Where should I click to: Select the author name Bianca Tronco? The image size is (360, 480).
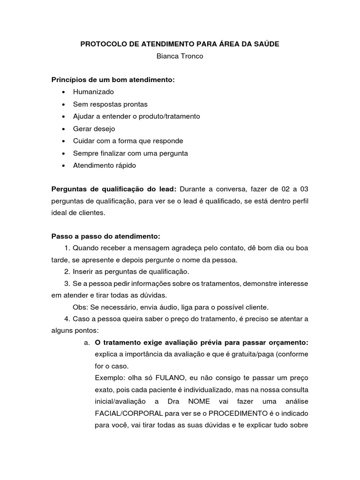[x=180, y=56]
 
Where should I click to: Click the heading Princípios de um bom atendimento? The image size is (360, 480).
[x=112, y=80]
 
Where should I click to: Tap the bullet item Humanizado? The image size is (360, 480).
[x=93, y=92]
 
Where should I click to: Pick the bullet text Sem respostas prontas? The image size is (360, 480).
[x=110, y=104]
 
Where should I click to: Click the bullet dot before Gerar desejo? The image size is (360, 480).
[x=63, y=129]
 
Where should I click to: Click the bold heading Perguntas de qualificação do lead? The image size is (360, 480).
[x=113, y=189]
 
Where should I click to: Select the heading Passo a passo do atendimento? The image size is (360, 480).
[x=105, y=235]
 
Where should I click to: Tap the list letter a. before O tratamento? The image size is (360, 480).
[x=87, y=343]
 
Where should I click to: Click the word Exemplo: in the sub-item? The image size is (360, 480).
[x=110, y=378]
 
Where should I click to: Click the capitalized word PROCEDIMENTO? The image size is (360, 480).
[x=239, y=414]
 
